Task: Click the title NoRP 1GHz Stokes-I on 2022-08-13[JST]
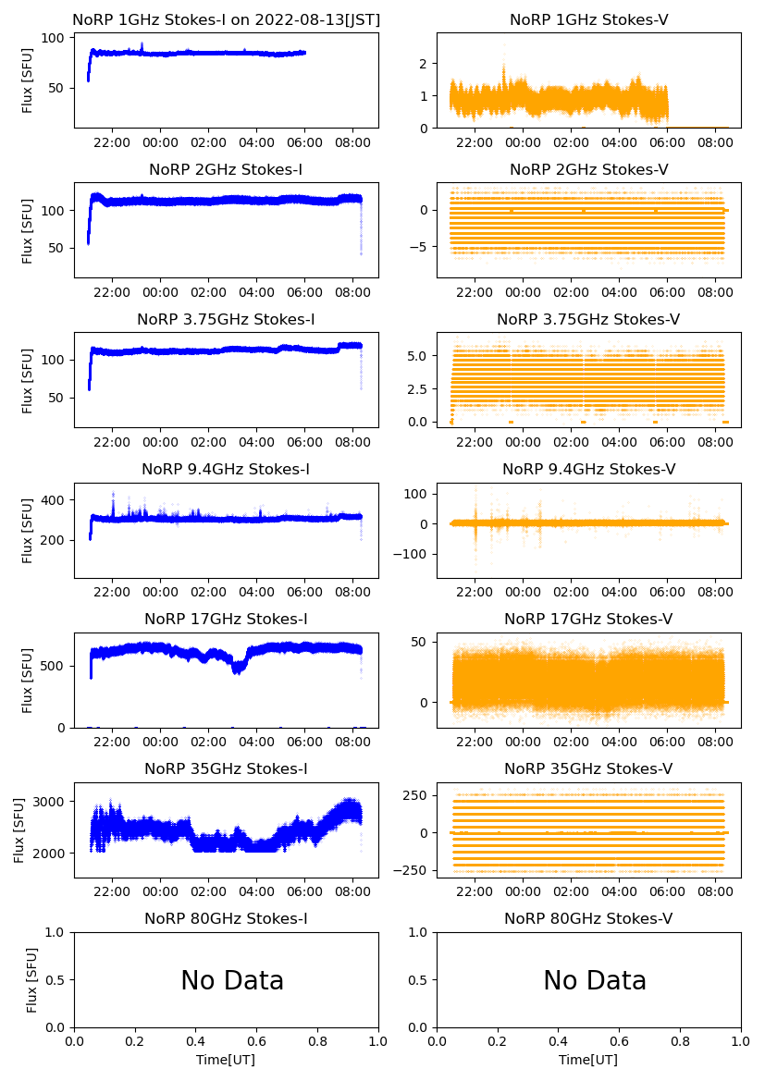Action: (x=226, y=20)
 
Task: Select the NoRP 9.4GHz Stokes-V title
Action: (x=588, y=470)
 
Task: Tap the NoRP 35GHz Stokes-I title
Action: (x=226, y=769)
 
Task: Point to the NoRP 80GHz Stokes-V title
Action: (x=588, y=919)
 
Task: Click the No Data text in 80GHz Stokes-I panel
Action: (x=232, y=981)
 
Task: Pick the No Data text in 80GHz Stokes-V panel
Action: (x=595, y=981)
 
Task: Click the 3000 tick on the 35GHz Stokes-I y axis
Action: (x=52, y=801)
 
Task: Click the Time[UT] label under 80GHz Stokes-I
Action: (x=226, y=1060)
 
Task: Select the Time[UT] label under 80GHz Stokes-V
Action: (x=588, y=1060)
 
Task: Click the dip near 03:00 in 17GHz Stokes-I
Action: (x=239, y=668)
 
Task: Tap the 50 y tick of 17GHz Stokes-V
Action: (x=422, y=642)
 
